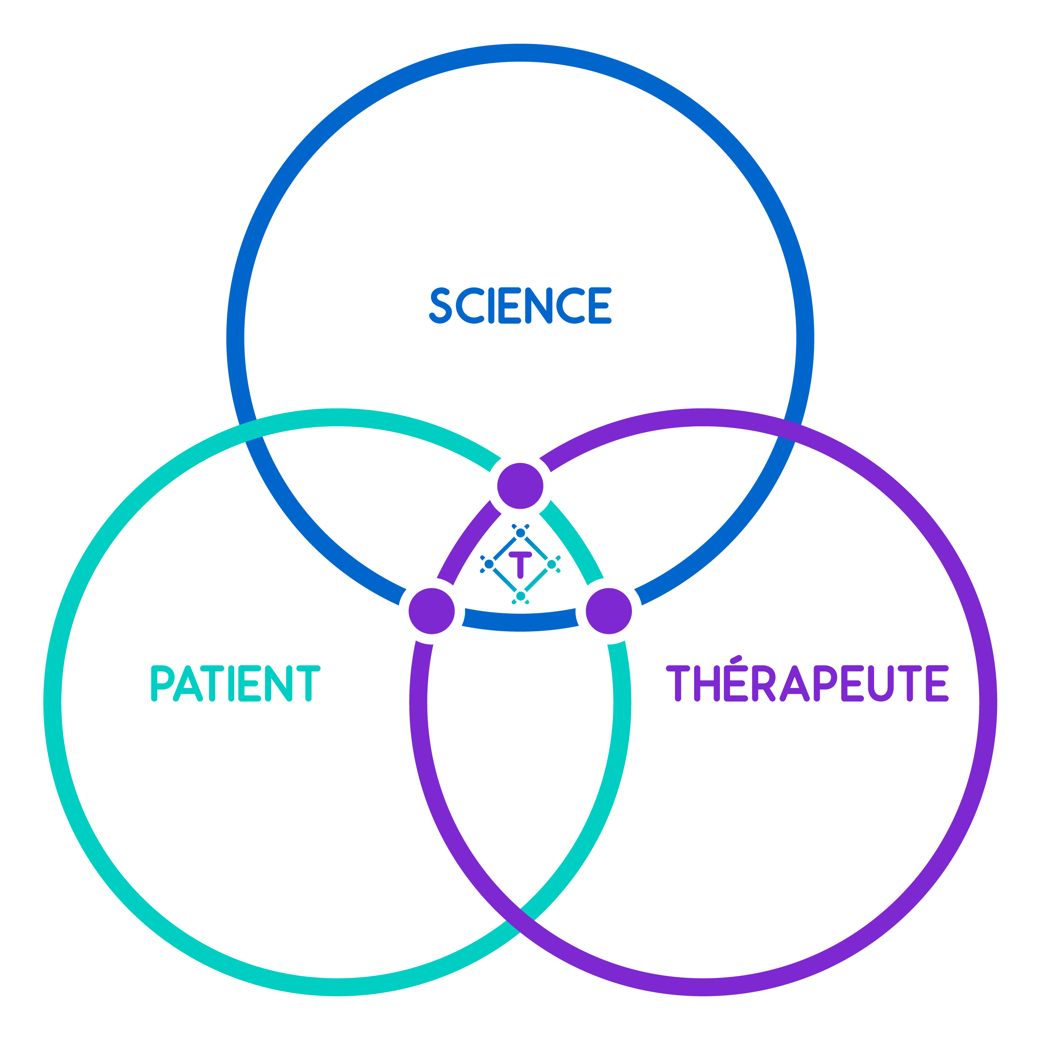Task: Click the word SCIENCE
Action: tap(520, 305)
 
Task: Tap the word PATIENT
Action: tap(235, 684)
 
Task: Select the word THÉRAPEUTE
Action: tap(807, 684)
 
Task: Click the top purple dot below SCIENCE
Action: tap(520, 486)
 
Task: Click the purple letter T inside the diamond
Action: tap(520, 564)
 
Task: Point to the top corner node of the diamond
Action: tap(520, 533)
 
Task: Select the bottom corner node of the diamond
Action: tap(520, 596)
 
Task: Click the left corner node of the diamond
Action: tap(489, 564)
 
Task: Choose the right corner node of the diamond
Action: tap(551, 564)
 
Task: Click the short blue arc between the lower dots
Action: tap(520, 622)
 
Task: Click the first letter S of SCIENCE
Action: tap(440, 305)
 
